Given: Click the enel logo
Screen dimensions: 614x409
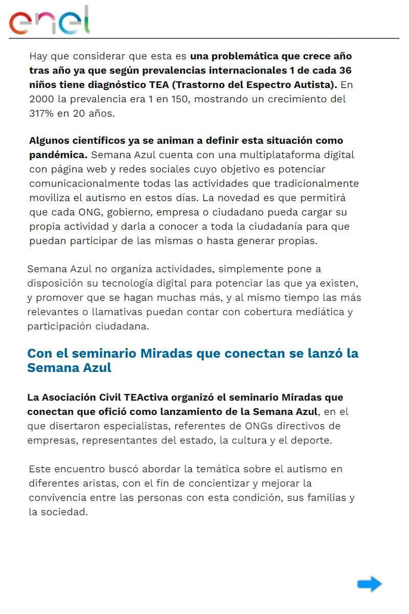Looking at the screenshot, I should [50, 20].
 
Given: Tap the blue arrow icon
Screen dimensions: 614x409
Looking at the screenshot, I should [369, 584].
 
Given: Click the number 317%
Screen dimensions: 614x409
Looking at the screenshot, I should [43, 113].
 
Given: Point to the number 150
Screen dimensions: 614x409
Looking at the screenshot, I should [176, 99].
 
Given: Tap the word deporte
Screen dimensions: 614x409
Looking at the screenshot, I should [311, 441].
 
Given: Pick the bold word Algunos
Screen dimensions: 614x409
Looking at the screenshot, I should [49, 140].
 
